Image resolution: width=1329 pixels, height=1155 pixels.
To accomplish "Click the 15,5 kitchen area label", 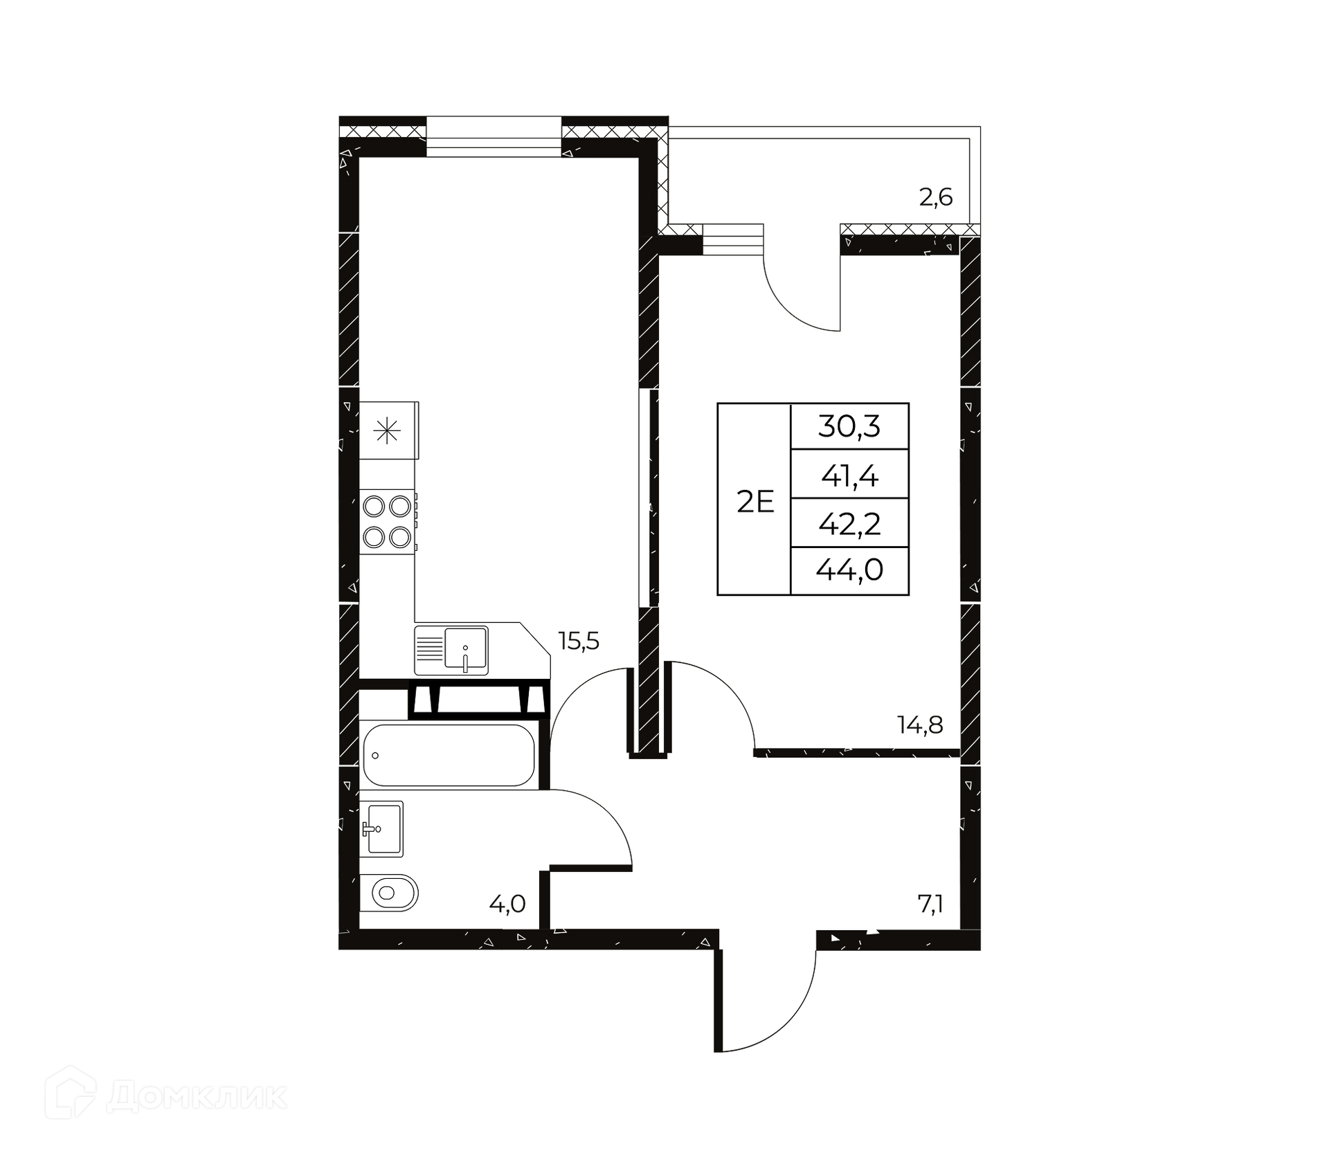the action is [x=579, y=642].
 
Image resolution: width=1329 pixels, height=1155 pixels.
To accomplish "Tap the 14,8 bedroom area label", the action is [x=920, y=725].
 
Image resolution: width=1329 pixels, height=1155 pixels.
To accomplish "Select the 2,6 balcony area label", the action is [x=936, y=198].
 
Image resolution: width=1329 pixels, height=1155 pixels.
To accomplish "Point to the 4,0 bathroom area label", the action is [x=507, y=903].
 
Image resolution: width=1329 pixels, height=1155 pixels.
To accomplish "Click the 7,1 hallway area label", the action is [x=931, y=904].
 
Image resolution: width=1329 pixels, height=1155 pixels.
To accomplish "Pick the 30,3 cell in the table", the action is [x=849, y=426].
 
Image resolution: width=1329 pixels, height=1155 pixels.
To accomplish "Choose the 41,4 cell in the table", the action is [x=849, y=475].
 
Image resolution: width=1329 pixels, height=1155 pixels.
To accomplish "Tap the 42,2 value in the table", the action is [x=849, y=524].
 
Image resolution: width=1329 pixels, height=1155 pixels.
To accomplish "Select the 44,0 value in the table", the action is [x=849, y=570].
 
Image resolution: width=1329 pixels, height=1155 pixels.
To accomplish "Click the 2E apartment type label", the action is [x=755, y=502].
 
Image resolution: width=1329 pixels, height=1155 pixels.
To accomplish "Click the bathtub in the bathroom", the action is [x=449, y=755].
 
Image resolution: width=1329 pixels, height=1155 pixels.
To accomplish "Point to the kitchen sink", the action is [x=451, y=651].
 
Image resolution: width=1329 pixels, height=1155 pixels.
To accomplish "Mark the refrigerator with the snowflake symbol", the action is [x=389, y=430].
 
